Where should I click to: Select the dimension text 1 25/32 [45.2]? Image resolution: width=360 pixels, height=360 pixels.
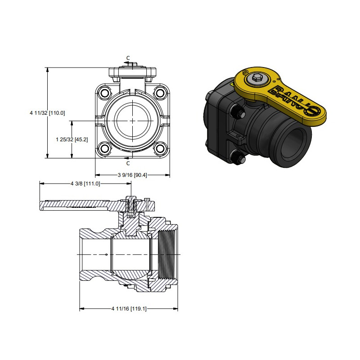click(72, 139)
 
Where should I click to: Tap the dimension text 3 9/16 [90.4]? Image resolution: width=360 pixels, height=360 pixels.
click(132, 175)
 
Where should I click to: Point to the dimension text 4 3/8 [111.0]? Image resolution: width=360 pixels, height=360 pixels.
click(85, 184)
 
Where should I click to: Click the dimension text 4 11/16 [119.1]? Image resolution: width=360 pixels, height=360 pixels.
click(129, 309)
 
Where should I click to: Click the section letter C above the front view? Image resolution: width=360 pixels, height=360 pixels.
click(128, 58)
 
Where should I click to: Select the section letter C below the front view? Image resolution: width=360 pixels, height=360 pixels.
click(128, 163)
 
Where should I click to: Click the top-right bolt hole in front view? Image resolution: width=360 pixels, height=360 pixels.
click(159, 93)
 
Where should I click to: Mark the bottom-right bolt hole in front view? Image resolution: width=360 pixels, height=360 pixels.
click(159, 148)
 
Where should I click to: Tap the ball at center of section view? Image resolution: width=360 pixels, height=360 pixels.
click(130, 254)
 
